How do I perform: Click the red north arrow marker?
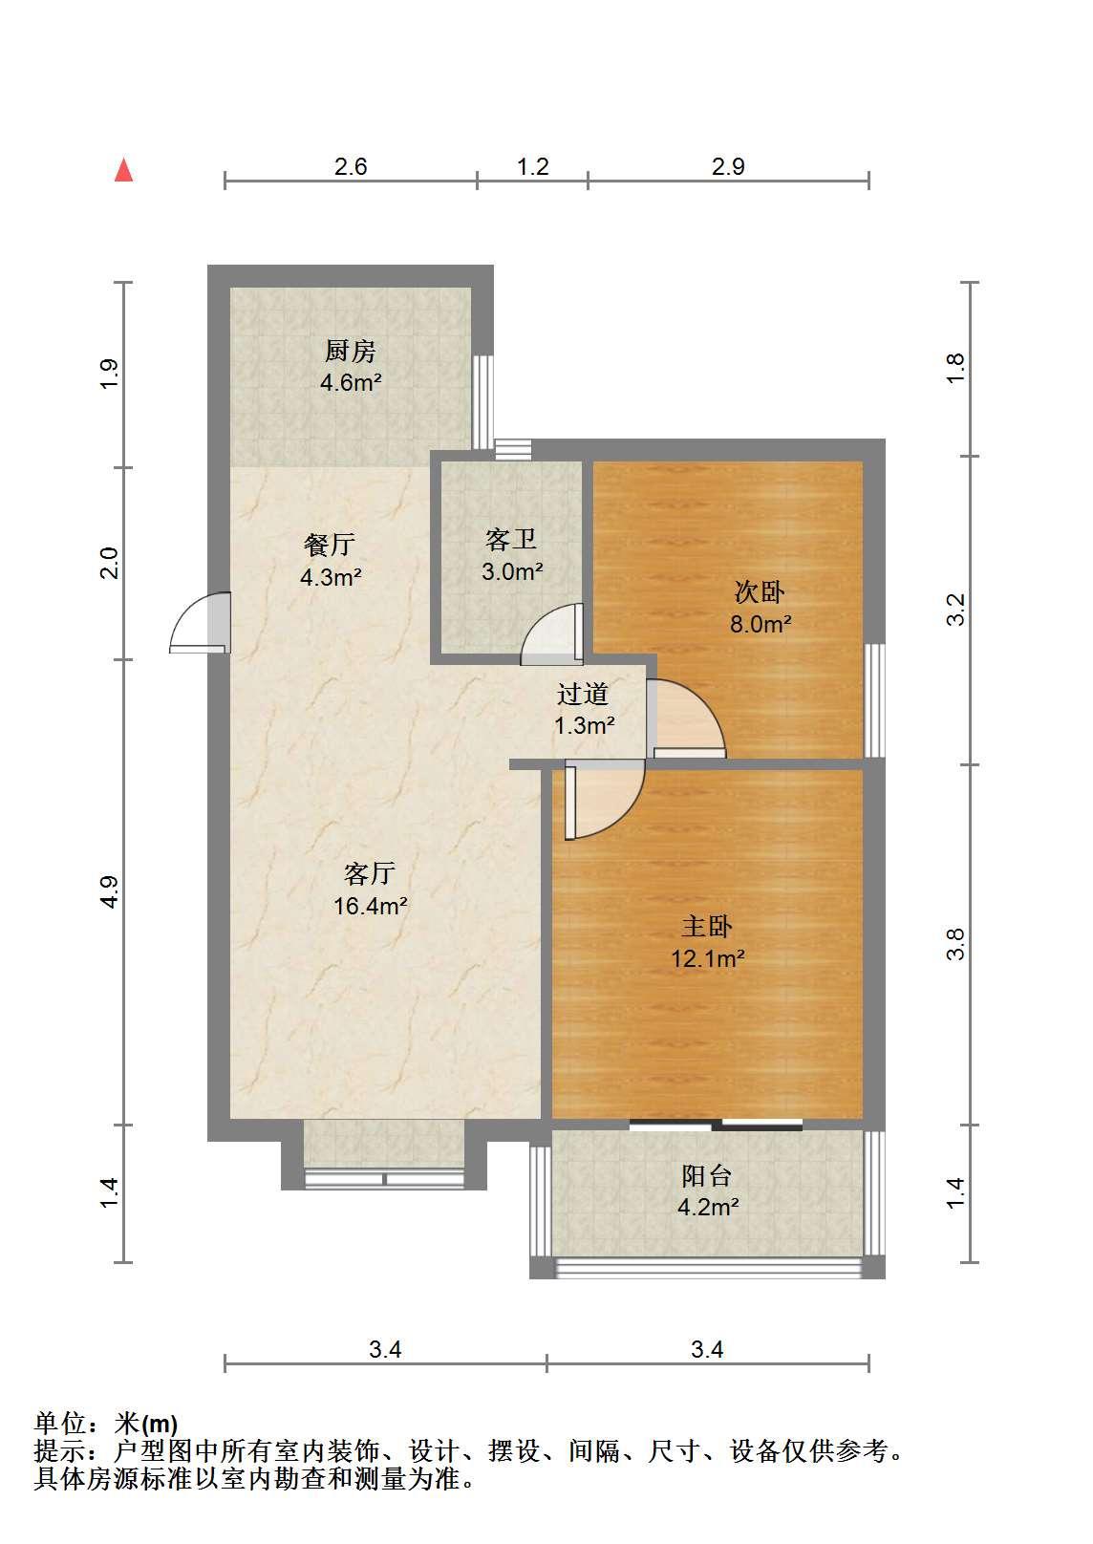tap(124, 170)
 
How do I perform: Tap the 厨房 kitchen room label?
tap(351, 352)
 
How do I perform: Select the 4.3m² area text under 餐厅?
tap(331, 576)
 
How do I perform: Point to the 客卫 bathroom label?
tap(510, 539)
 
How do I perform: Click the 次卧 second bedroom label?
tap(760, 591)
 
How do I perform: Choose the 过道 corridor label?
tap(583, 694)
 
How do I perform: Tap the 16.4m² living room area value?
tap(371, 906)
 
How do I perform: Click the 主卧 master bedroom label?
tap(707, 926)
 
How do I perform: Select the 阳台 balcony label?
tap(707, 1176)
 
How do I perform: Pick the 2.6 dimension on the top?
tap(351, 167)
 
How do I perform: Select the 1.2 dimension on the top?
tap(533, 167)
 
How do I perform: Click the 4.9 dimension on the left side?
tap(110, 892)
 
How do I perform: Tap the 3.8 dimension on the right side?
tap(955, 944)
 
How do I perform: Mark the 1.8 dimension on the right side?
tap(955, 369)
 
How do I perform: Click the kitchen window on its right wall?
tap(485, 402)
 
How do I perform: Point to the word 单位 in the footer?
tap(61, 1424)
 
